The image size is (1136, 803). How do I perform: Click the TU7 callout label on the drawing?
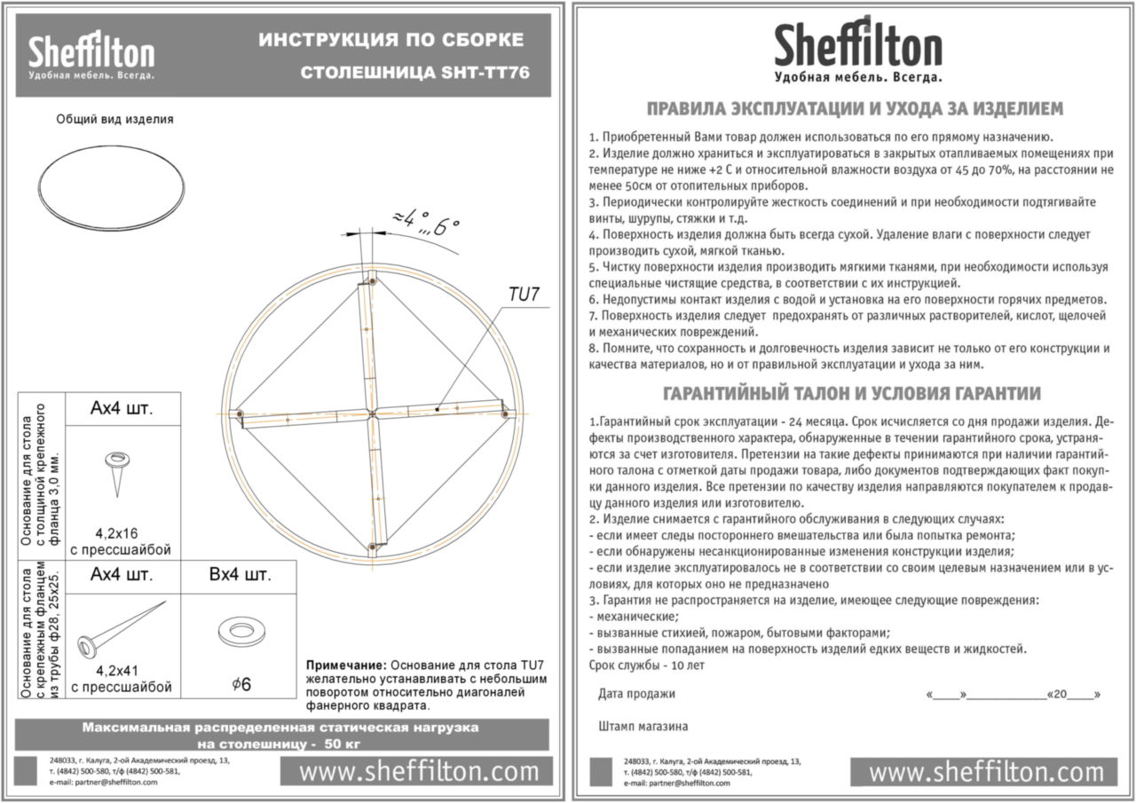pyautogui.click(x=524, y=295)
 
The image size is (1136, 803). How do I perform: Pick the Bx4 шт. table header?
pyautogui.click(x=240, y=575)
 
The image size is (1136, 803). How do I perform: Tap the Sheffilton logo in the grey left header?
pyautogui.click(x=91, y=56)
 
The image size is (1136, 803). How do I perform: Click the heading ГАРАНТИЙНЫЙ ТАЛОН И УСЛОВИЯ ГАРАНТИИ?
pyautogui.click(x=852, y=393)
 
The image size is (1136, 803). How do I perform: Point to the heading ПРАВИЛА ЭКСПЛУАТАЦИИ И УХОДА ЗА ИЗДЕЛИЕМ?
pyautogui.click(x=854, y=109)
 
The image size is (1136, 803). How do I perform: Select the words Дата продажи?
pyautogui.click(x=636, y=694)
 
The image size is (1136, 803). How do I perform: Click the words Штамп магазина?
pyautogui.click(x=643, y=726)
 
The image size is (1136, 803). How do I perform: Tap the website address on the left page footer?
pyautogui.click(x=419, y=771)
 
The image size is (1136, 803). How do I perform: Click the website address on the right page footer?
pyautogui.click(x=986, y=771)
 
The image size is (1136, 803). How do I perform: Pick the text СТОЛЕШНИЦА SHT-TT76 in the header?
pyautogui.click(x=414, y=72)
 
